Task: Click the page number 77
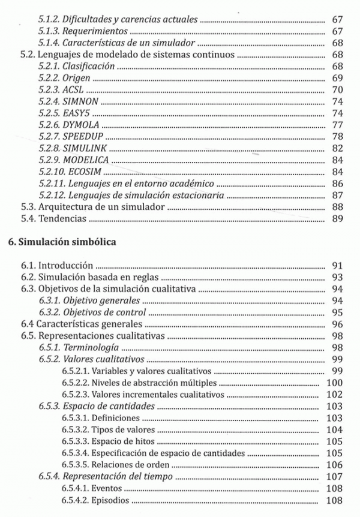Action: [x=337, y=125]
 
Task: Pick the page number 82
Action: [x=337, y=148]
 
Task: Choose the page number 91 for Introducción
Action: [x=337, y=265]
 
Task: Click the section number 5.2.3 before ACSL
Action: [x=49, y=90]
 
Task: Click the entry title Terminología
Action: [x=90, y=348]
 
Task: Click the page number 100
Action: [x=334, y=383]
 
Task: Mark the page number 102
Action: [x=334, y=395]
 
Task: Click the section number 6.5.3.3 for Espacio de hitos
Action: [x=74, y=442]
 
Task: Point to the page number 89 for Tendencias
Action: [x=337, y=219]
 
